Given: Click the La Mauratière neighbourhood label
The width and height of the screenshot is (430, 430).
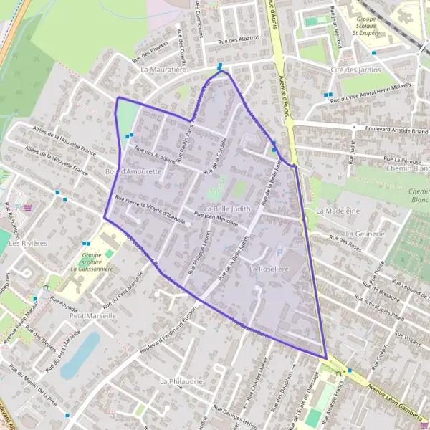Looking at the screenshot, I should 164,70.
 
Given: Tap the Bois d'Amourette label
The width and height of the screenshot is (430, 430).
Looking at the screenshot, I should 130,172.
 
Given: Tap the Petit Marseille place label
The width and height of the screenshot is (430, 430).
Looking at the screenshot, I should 93,315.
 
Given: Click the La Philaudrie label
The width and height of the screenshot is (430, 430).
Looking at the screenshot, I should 182,381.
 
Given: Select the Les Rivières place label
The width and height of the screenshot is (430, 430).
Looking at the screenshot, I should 27,243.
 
